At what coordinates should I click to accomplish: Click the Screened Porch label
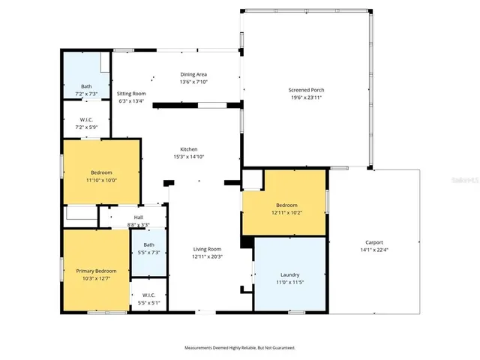pos(307,90)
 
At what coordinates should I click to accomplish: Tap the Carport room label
pos(374,242)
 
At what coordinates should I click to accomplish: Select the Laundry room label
pos(289,274)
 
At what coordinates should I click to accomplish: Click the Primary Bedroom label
pos(96,271)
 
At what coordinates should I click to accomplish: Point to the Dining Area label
pos(193,74)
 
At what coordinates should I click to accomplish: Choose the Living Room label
pos(207,249)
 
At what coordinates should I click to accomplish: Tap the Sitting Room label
pos(131,94)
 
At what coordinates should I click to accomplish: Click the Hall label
pos(138,217)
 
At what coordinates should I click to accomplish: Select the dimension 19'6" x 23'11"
pos(307,97)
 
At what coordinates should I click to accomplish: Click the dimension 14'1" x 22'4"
pos(374,250)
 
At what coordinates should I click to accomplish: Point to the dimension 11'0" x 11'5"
pos(289,282)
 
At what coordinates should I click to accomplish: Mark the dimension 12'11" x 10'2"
pos(286,212)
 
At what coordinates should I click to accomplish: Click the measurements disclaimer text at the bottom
pos(240,348)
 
